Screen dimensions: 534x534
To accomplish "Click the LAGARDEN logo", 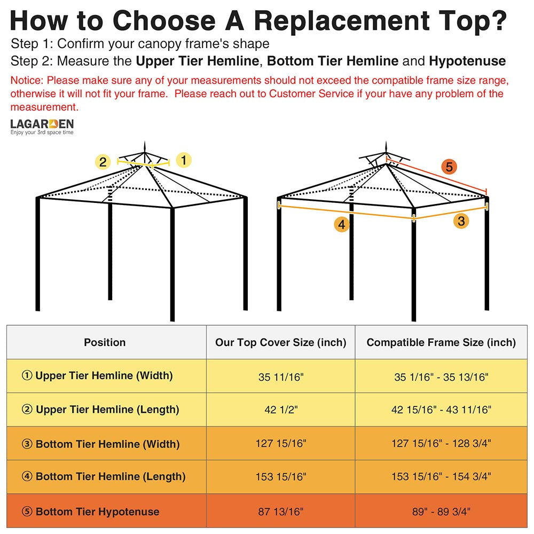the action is point(42,127).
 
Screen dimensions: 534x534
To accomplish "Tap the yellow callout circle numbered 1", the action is point(184,160).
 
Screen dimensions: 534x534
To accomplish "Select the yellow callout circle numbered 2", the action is point(103,162).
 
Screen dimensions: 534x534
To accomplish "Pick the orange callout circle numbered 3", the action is point(461,221).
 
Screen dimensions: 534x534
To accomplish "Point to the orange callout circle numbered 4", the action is point(342,224).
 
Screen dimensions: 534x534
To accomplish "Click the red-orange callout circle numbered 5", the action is point(449,167).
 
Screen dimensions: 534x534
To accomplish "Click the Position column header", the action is point(105,342).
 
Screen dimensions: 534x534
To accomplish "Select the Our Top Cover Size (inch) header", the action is point(281,342).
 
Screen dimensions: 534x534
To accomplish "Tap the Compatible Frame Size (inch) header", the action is point(441,342).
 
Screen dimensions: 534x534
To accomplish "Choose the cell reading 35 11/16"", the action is point(281,377).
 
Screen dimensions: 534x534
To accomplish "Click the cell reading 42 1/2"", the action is point(281,410).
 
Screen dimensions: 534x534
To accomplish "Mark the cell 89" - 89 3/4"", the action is point(441,511).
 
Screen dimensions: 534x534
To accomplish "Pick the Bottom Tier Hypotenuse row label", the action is point(91,511).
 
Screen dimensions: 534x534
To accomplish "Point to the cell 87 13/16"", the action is point(281,511).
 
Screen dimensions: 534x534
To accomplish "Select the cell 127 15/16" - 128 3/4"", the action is point(441,443).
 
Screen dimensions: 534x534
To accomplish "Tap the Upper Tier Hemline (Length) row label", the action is point(100,410).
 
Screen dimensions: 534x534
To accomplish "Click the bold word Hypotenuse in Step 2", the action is point(467,61).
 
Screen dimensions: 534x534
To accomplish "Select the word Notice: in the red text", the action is point(27,81).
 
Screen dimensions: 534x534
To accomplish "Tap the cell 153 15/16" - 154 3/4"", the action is point(441,476).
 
